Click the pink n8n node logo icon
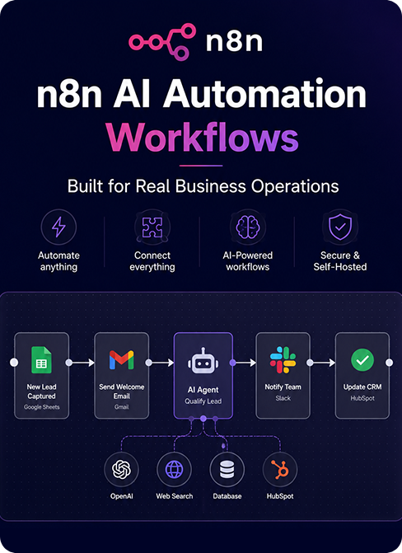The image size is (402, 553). click(161, 41)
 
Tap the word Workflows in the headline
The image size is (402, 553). click(202, 138)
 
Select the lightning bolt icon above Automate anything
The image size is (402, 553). click(58, 227)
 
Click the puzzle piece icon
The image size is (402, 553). click(152, 227)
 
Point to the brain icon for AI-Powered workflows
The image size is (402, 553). click(248, 227)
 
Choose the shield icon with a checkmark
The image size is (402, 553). click(340, 227)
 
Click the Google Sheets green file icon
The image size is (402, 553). click(42, 359)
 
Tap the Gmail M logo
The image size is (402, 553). click(122, 360)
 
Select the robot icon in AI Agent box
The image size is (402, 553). click(203, 361)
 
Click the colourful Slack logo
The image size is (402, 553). click(283, 359)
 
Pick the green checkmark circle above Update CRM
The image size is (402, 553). click(362, 360)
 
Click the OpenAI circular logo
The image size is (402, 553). click(121, 470)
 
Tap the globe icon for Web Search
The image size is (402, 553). click(174, 470)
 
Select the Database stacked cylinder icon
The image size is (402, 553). click(227, 470)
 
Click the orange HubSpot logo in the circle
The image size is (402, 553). click(280, 470)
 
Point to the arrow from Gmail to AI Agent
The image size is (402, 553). click(162, 363)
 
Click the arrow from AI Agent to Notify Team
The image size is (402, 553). click(245, 363)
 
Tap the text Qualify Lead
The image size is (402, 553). click(203, 401)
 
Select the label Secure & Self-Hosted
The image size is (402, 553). click(340, 261)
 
